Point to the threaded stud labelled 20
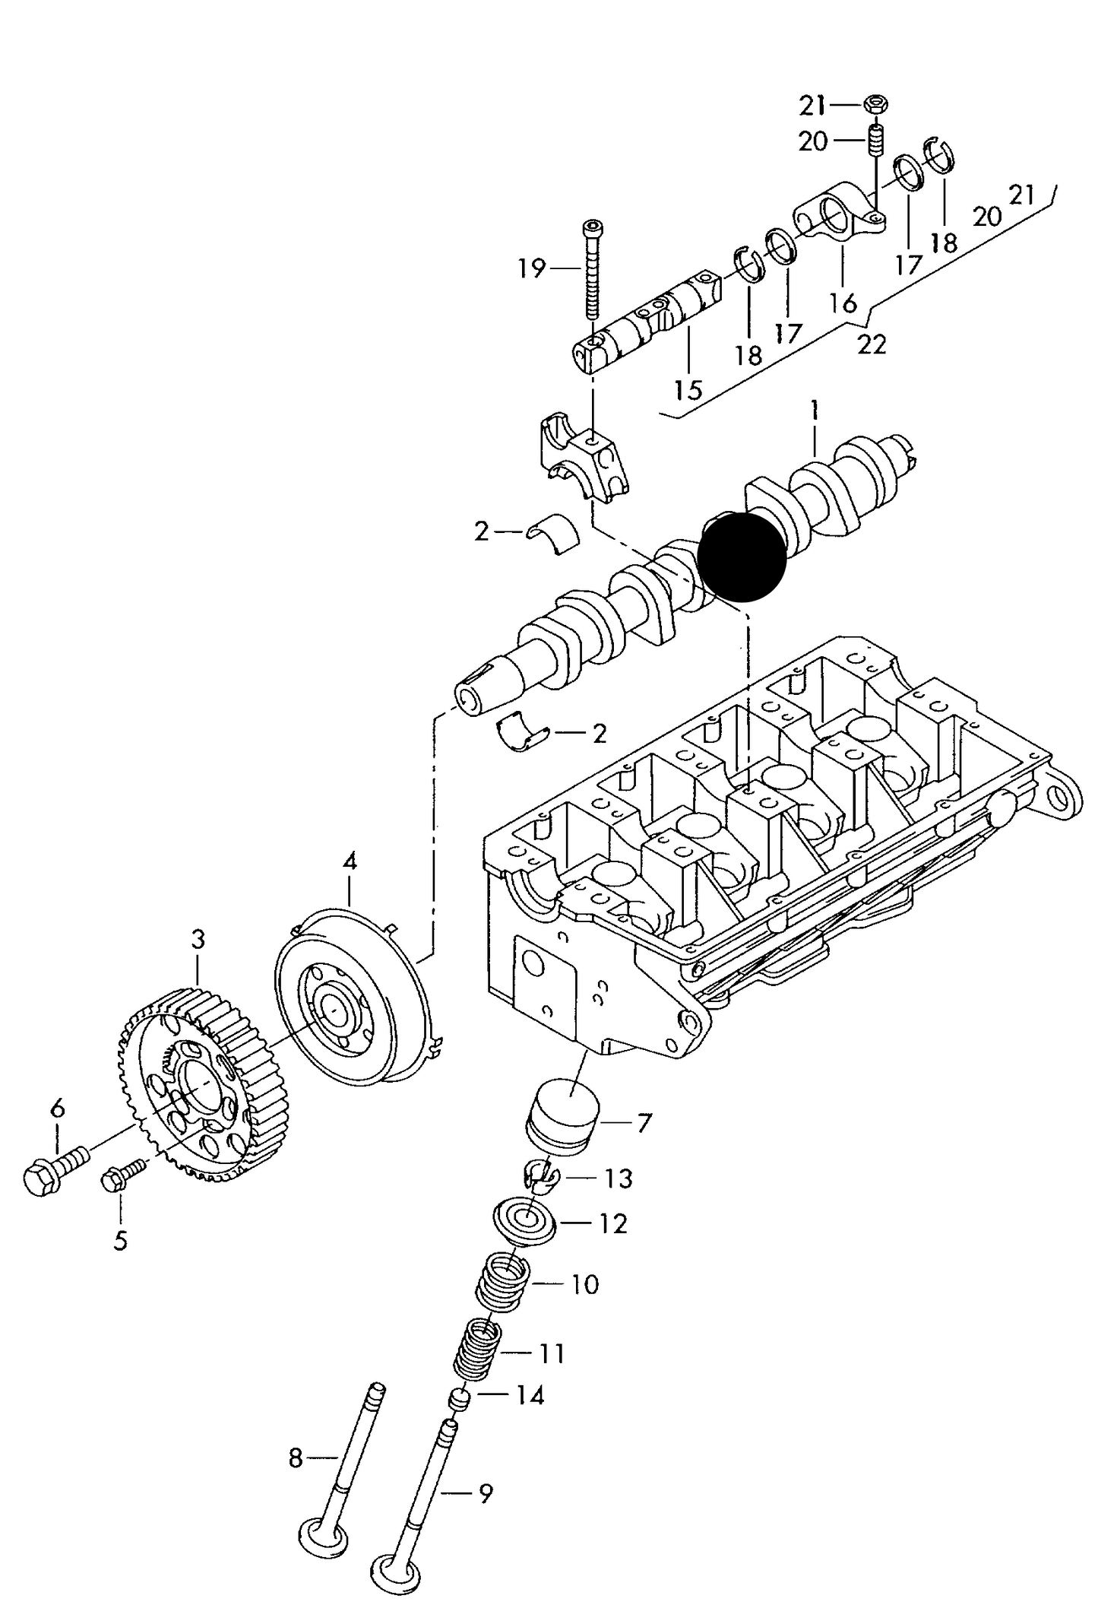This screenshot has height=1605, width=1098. point(875,141)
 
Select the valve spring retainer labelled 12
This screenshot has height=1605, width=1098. point(524,1223)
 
